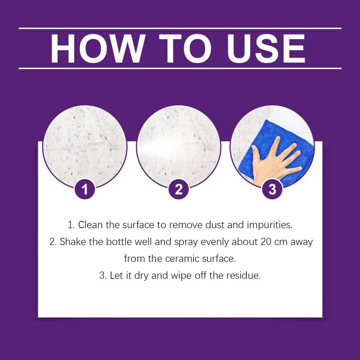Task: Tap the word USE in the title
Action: pos(266,49)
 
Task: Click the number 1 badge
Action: pos(85,189)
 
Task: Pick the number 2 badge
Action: pos(179,189)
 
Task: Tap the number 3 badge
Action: pos(272,189)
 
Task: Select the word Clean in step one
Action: pos(90,225)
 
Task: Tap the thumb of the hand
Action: pos(257,153)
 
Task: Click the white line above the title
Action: pos(180,28)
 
